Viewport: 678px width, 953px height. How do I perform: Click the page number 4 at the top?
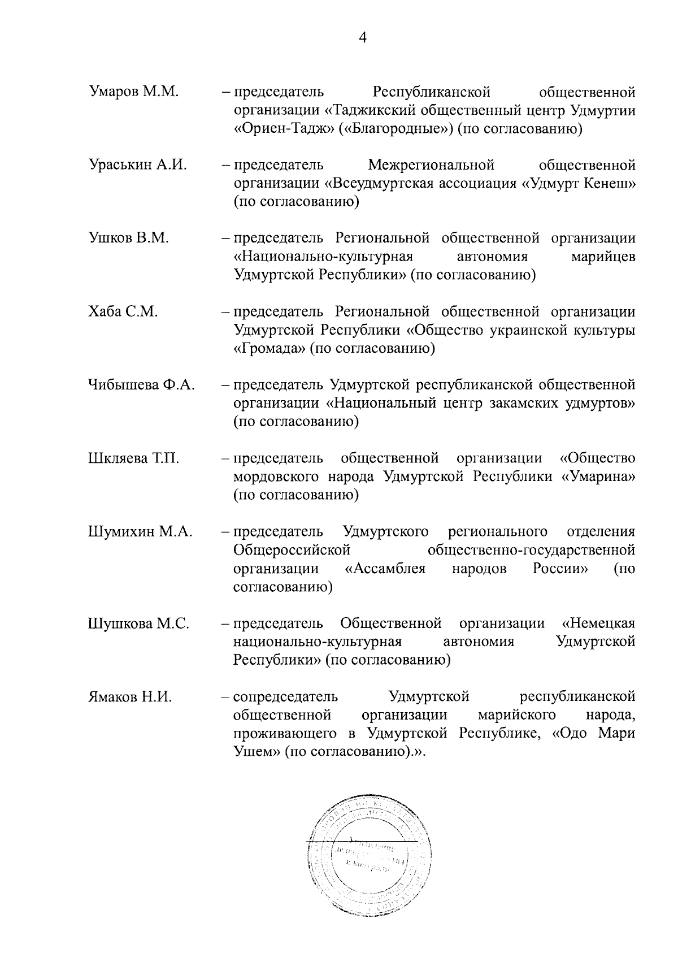pyautogui.click(x=363, y=38)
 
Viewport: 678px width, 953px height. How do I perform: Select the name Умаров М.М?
pyautogui.click(x=134, y=92)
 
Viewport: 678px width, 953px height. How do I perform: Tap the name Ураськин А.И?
pyautogui.click(x=138, y=165)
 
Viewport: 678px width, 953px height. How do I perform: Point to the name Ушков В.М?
pyautogui.click(x=129, y=238)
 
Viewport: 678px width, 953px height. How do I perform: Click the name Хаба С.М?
pyautogui.click(x=123, y=311)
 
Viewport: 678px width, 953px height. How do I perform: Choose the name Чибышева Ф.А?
pyautogui.click(x=141, y=385)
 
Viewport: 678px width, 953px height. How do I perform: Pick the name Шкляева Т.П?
pyautogui.click(x=134, y=458)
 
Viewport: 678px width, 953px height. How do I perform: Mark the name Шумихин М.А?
pyautogui.click(x=140, y=531)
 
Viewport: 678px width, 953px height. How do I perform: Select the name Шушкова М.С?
pyautogui.click(x=138, y=623)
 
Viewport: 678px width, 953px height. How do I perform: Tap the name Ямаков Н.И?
pyautogui.click(x=130, y=696)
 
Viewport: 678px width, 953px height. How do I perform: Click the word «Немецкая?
pyautogui.click(x=599, y=623)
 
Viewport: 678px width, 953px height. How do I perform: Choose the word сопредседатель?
pyautogui.click(x=286, y=696)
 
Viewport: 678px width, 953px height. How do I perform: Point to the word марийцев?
pyautogui.click(x=603, y=257)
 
